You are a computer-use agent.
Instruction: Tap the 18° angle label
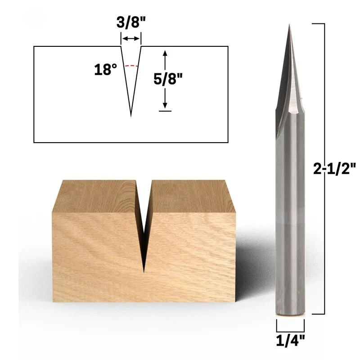[106, 70]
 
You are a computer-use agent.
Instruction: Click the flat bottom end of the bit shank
[290, 315]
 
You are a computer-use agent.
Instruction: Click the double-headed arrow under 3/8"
[130, 39]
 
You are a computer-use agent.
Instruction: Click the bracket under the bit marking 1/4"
[290, 324]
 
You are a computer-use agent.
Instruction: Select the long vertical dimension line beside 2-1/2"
[324, 168]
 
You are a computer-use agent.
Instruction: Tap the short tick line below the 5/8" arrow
[165, 111]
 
